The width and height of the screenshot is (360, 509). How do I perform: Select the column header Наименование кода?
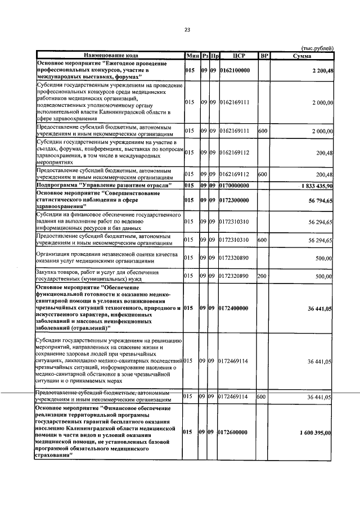(110, 56)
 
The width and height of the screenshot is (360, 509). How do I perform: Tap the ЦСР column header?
(236, 56)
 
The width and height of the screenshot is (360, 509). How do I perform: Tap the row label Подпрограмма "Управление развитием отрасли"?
(103, 185)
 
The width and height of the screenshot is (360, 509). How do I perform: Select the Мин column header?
(191, 56)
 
